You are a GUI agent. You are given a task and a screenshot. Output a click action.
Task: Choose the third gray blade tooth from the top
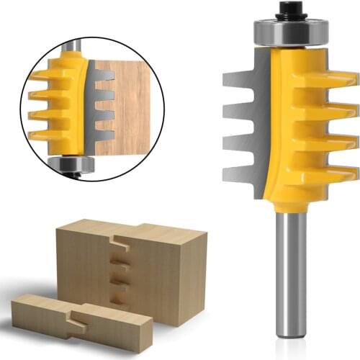click(243, 142)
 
